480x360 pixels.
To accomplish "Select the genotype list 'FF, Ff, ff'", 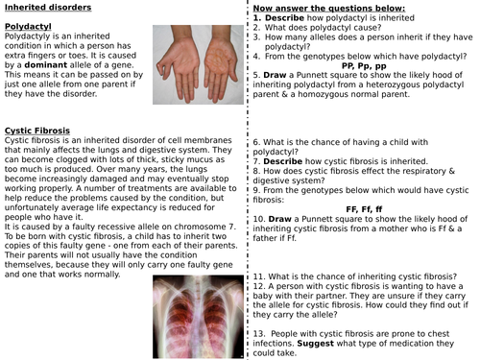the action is tap(363, 208).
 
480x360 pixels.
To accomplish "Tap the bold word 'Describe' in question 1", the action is tap(283, 18).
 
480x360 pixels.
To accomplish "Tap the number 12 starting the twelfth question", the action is tap(258, 286).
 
